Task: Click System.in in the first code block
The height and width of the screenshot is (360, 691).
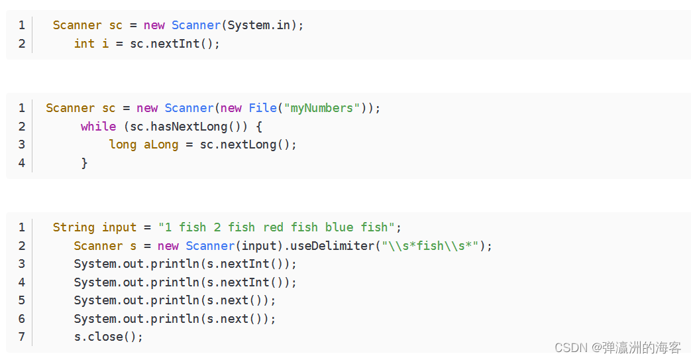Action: point(262,25)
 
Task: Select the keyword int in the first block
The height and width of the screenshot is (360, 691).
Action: point(84,44)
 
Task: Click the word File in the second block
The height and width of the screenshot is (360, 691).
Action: point(263,108)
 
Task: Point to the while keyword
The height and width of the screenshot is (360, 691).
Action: point(98,126)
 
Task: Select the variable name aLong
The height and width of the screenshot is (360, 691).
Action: point(161,145)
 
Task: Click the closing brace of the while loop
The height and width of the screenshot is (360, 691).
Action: point(84,162)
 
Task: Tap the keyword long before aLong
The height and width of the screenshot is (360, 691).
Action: point(123,145)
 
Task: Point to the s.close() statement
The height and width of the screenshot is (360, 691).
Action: point(109,337)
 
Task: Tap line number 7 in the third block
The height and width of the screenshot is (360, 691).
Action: point(22,337)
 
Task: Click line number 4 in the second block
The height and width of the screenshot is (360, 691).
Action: point(22,162)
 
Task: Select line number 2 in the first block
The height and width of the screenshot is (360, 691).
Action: point(22,44)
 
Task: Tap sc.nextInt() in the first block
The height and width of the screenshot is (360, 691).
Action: point(175,44)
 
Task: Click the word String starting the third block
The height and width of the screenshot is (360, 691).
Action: point(74,227)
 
